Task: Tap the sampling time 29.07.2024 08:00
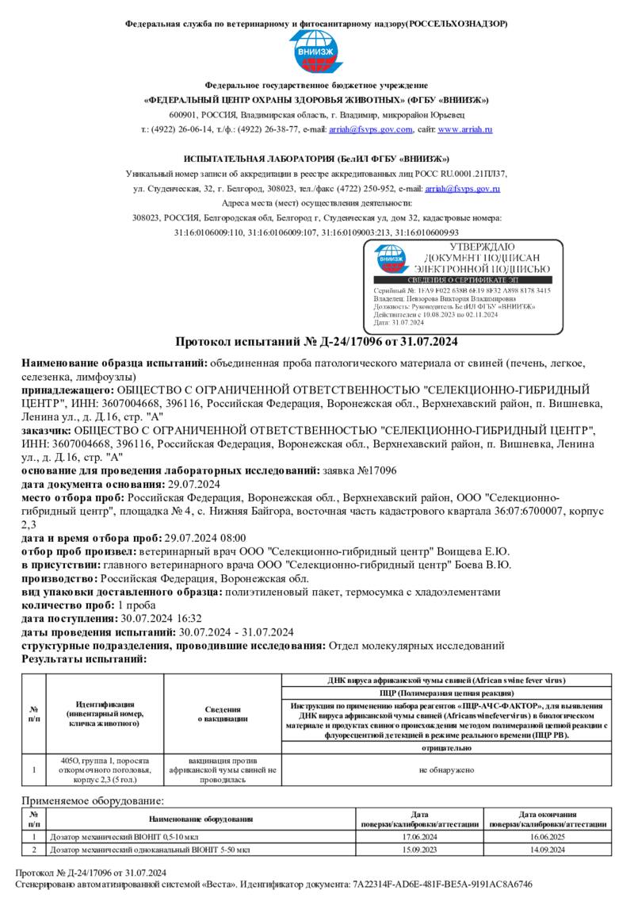[x=201, y=537]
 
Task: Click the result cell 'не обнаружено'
[x=447, y=769]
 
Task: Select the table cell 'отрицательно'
[x=447, y=748]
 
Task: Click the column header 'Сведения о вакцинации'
[x=223, y=714]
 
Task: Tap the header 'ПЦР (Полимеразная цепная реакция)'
[x=447, y=693]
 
